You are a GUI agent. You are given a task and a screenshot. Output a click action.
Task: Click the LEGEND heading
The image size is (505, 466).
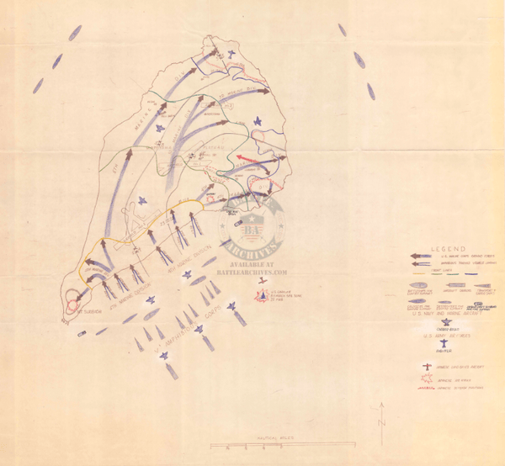[443, 250]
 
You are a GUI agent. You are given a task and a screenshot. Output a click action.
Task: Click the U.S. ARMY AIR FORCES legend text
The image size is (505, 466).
[444, 335]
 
